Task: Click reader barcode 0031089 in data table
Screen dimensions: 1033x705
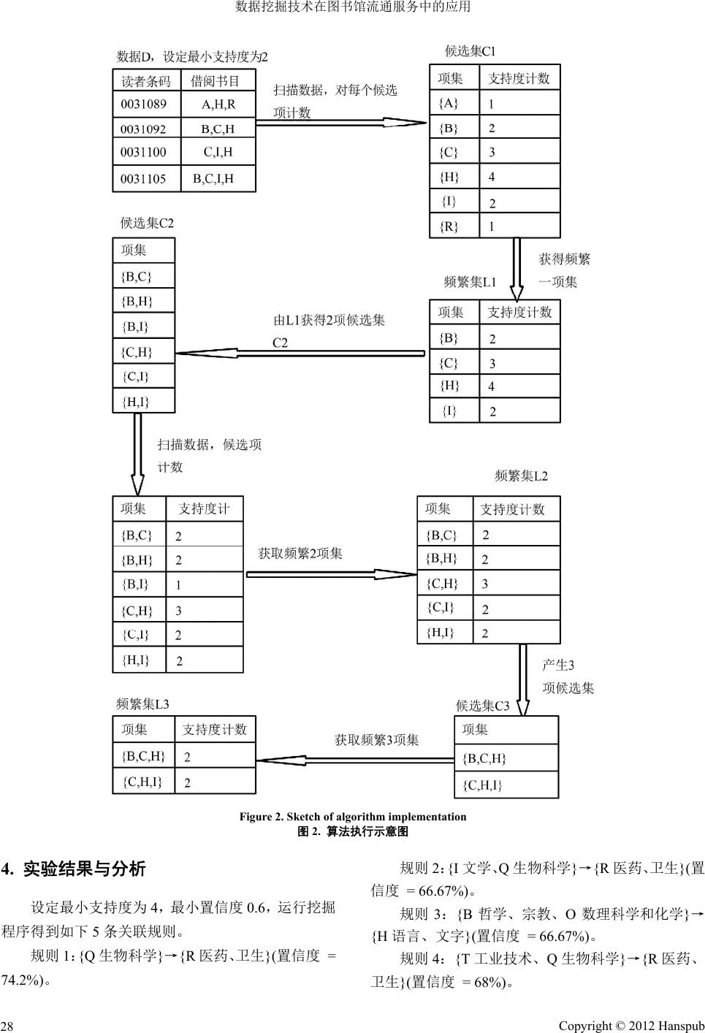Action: point(145,104)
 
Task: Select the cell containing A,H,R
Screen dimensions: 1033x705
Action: point(218,104)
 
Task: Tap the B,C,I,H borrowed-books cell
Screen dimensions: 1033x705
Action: point(213,178)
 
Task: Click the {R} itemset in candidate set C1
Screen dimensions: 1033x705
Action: point(449,226)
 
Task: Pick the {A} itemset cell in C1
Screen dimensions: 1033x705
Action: point(449,104)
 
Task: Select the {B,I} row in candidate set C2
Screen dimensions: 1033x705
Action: point(136,326)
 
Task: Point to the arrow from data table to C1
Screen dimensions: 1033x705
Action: point(336,123)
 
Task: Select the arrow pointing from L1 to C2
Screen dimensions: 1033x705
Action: point(300,354)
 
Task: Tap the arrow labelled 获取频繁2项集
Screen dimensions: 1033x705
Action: point(330,574)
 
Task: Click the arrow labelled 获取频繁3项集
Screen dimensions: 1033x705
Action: point(354,760)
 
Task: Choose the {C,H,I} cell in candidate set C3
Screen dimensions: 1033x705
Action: point(483,785)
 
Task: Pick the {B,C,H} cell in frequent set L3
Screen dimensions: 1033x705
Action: point(144,756)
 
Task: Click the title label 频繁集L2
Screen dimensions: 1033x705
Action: point(521,476)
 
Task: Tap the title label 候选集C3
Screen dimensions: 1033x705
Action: point(482,706)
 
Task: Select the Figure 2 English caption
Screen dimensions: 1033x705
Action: point(353,817)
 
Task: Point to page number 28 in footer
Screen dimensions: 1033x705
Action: point(7,1026)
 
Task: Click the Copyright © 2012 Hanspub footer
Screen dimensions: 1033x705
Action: point(631,1026)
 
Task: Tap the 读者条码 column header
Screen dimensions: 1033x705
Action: point(146,81)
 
